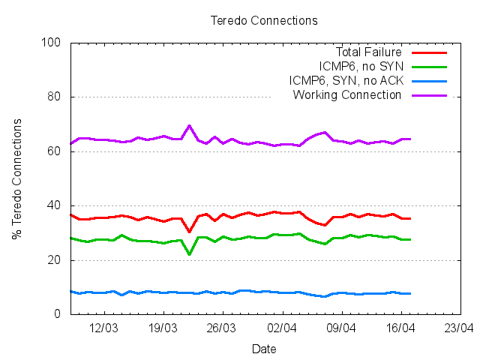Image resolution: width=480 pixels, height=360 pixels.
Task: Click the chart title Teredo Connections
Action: [x=263, y=20]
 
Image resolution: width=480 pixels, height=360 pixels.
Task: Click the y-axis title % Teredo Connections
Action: [x=16, y=178]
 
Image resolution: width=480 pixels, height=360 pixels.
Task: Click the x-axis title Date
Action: [x=263, y=349]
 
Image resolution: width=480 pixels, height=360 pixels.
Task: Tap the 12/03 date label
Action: [x=103, y=328]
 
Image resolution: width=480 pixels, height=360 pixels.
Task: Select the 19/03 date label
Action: [x=163, y=328]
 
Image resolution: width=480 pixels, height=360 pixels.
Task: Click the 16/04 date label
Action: [x=400, y=328]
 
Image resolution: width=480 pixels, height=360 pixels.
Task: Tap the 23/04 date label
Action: [x=459, y=328]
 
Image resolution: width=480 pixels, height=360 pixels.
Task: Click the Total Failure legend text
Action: [x=368, y=52]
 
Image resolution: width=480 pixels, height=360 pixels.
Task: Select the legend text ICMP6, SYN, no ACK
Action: [x=345, y=81]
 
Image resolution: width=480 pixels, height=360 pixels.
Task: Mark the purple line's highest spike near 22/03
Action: [x=189, y=125]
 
